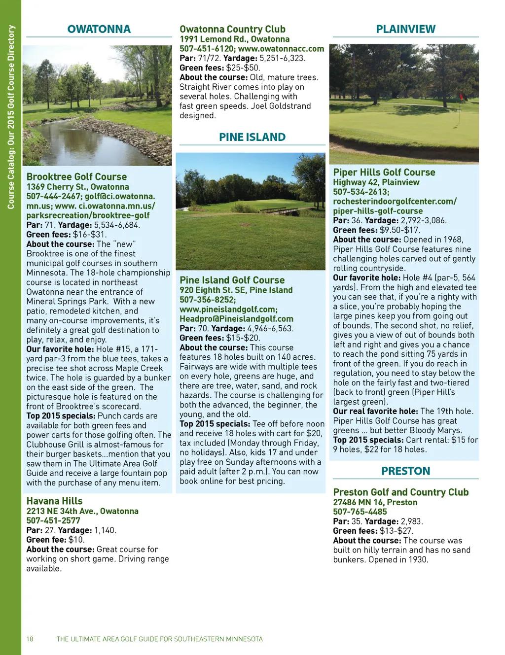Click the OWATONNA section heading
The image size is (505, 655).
click(x=99, y=29)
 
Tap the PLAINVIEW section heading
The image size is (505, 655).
click(x=405, y=29)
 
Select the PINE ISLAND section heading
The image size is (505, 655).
click(x=252, y=137)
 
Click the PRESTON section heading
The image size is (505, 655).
click(x=405, y=471)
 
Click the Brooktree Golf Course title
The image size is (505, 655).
click(x=76, y=177)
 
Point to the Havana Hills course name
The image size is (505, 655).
click(x=54, y=501)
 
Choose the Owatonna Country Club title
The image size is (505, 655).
click(x=232, y=29)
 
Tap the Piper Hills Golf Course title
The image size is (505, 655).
click(x=384, y=172)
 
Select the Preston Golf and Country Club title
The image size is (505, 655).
click(x=400, y=492)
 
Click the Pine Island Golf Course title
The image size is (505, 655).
click(x=232, y=280)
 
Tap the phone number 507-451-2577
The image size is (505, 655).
click(x=53, y=520)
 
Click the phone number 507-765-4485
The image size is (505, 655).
click(x=360, y=512)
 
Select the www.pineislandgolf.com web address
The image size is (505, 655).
click(x=228, y=310)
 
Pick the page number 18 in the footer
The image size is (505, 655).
click(x=30, y=639)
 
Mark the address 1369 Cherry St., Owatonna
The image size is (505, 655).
click(x=77, y=187)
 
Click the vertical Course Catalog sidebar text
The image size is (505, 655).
click(x=11, y=117)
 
